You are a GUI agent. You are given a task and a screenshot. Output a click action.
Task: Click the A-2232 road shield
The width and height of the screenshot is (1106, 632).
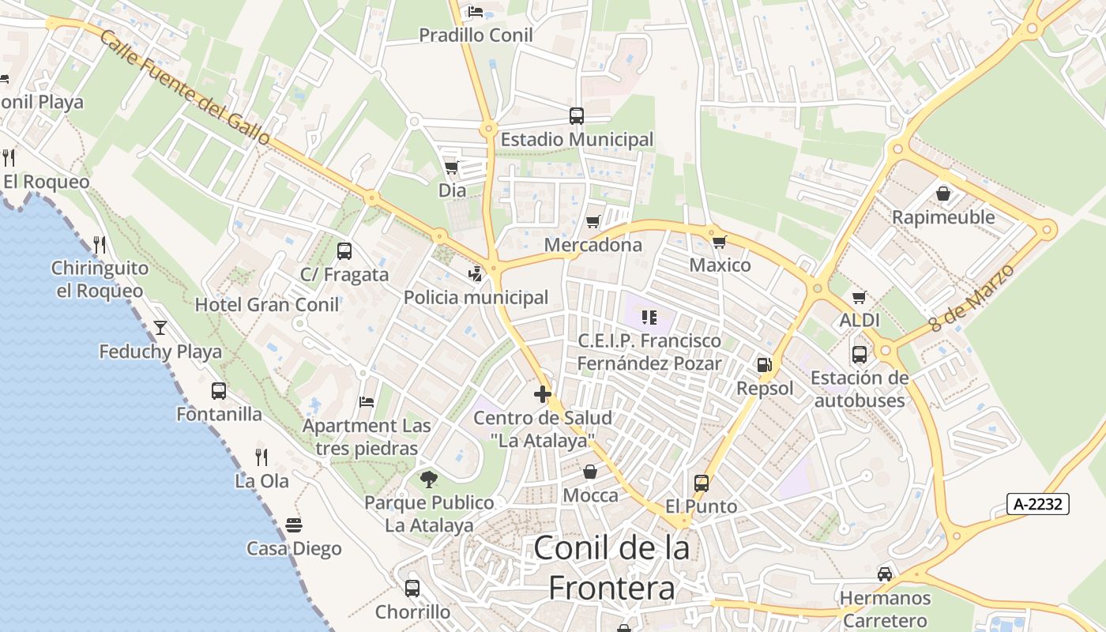pos(1038,504)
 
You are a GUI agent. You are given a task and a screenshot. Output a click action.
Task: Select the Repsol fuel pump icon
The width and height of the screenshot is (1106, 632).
pos(764,364)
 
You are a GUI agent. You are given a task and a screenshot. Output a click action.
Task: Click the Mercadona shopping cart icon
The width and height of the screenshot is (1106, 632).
pos(593,221)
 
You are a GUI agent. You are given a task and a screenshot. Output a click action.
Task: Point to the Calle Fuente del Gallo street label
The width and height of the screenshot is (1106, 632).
pos(185,88)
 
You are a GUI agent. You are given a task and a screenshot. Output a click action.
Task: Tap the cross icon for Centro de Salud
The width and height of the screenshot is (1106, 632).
pos(542,393)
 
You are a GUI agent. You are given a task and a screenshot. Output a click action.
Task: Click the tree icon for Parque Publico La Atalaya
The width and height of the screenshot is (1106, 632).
pos(429,479)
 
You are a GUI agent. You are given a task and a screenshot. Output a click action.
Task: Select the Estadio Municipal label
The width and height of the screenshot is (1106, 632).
pos(577,140)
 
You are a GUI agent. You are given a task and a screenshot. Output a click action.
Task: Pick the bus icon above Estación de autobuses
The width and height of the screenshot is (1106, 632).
pos(860,354)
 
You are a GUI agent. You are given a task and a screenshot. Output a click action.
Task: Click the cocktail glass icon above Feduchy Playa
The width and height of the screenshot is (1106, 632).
pos(160,327)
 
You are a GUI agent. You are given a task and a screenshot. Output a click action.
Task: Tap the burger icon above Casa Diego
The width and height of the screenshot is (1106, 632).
pos(294,525)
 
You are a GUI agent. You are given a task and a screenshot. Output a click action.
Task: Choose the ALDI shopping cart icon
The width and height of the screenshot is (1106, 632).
pos(860,297)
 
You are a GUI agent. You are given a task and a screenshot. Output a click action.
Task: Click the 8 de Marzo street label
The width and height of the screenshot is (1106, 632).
pos(971,298)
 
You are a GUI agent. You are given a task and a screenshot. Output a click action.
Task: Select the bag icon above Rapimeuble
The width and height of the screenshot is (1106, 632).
pos(943,193)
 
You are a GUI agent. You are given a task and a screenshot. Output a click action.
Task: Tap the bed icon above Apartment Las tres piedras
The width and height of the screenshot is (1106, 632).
pos(367,402)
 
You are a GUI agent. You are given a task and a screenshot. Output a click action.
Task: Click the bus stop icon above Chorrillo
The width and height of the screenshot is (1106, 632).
pos(412,588)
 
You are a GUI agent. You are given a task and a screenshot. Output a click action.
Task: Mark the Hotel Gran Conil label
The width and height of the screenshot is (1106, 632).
pos(267,305)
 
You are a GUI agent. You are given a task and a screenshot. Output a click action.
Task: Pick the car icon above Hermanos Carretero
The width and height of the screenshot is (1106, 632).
pos(885,574)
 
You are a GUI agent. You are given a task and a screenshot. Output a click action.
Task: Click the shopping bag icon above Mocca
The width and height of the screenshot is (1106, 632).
pos(590,472)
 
